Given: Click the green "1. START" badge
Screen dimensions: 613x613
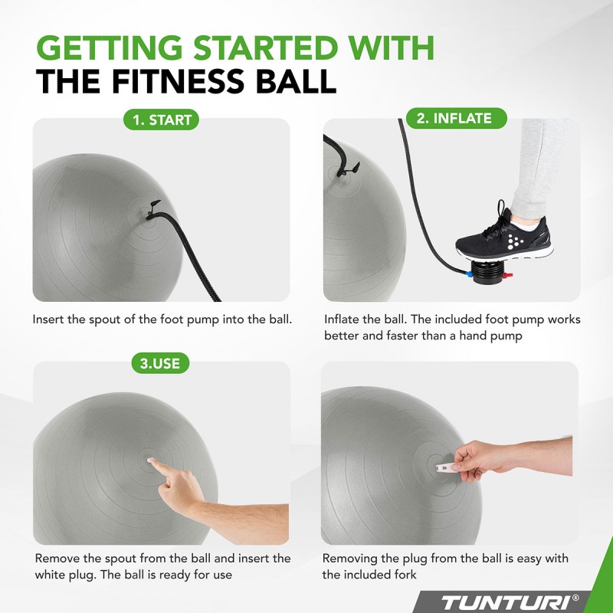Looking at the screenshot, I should click(161, 120).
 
